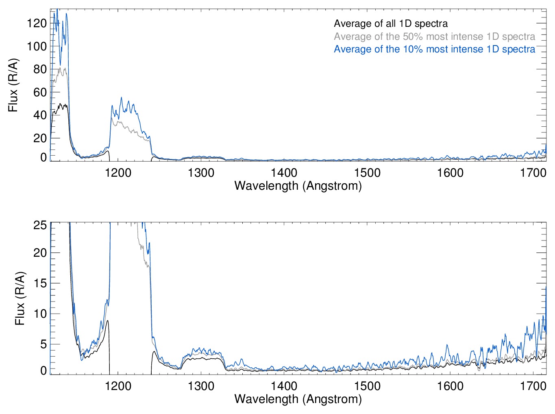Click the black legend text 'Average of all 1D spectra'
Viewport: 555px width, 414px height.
coord(390,24)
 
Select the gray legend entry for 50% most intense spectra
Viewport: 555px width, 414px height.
coord(434,37)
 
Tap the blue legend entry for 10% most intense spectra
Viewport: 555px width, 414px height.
coord(434,49)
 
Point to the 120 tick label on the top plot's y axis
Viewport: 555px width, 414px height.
coord(37,23)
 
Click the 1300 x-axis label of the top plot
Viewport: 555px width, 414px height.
coord(201,173)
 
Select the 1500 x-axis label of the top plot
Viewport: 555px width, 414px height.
coord(367,173)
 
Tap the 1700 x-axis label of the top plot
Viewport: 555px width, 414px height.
coord(533,173)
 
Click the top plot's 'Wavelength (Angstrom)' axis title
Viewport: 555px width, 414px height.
coord(298,186)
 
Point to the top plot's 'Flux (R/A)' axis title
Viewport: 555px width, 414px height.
coord(13,85)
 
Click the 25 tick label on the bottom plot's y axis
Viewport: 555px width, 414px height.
coord(40,225)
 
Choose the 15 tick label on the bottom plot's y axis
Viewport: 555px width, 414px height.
coord(40,283)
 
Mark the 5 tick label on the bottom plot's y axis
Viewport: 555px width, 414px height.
coord(44,344)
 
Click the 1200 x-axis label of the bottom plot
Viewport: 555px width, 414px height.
coord(118,386)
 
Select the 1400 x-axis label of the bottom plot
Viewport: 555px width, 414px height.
coord(284,386)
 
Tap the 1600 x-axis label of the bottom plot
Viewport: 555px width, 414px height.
coord(450,386)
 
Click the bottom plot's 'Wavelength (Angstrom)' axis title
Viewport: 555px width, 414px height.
coord(298,399)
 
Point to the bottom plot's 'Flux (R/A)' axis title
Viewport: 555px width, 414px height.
coord(20,299)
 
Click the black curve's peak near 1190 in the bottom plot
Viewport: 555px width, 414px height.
coord(107,321)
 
